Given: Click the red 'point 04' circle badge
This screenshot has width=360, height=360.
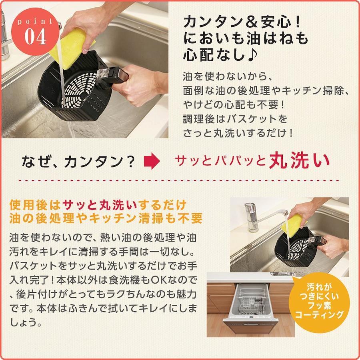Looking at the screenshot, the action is pos(35,32).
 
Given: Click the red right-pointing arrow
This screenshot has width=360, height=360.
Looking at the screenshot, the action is pos(152,161).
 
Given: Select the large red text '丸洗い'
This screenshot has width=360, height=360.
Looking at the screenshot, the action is pos(299,161).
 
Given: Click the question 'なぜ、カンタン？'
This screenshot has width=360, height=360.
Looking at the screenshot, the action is pos(78,162).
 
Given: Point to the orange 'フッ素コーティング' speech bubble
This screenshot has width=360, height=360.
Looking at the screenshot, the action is pos(319,302).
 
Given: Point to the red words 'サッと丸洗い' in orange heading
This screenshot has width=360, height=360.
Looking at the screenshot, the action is pos(100,205).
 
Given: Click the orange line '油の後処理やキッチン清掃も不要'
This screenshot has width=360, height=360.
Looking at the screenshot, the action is pos(106,218).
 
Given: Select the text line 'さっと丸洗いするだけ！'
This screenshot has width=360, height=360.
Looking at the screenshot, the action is pos(238,133).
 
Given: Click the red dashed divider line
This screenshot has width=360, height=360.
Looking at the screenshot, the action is pos(179,180).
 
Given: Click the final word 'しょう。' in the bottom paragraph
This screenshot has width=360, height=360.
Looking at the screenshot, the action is pos(26,323).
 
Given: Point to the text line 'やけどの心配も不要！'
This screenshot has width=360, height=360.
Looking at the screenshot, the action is pos(234,105).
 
